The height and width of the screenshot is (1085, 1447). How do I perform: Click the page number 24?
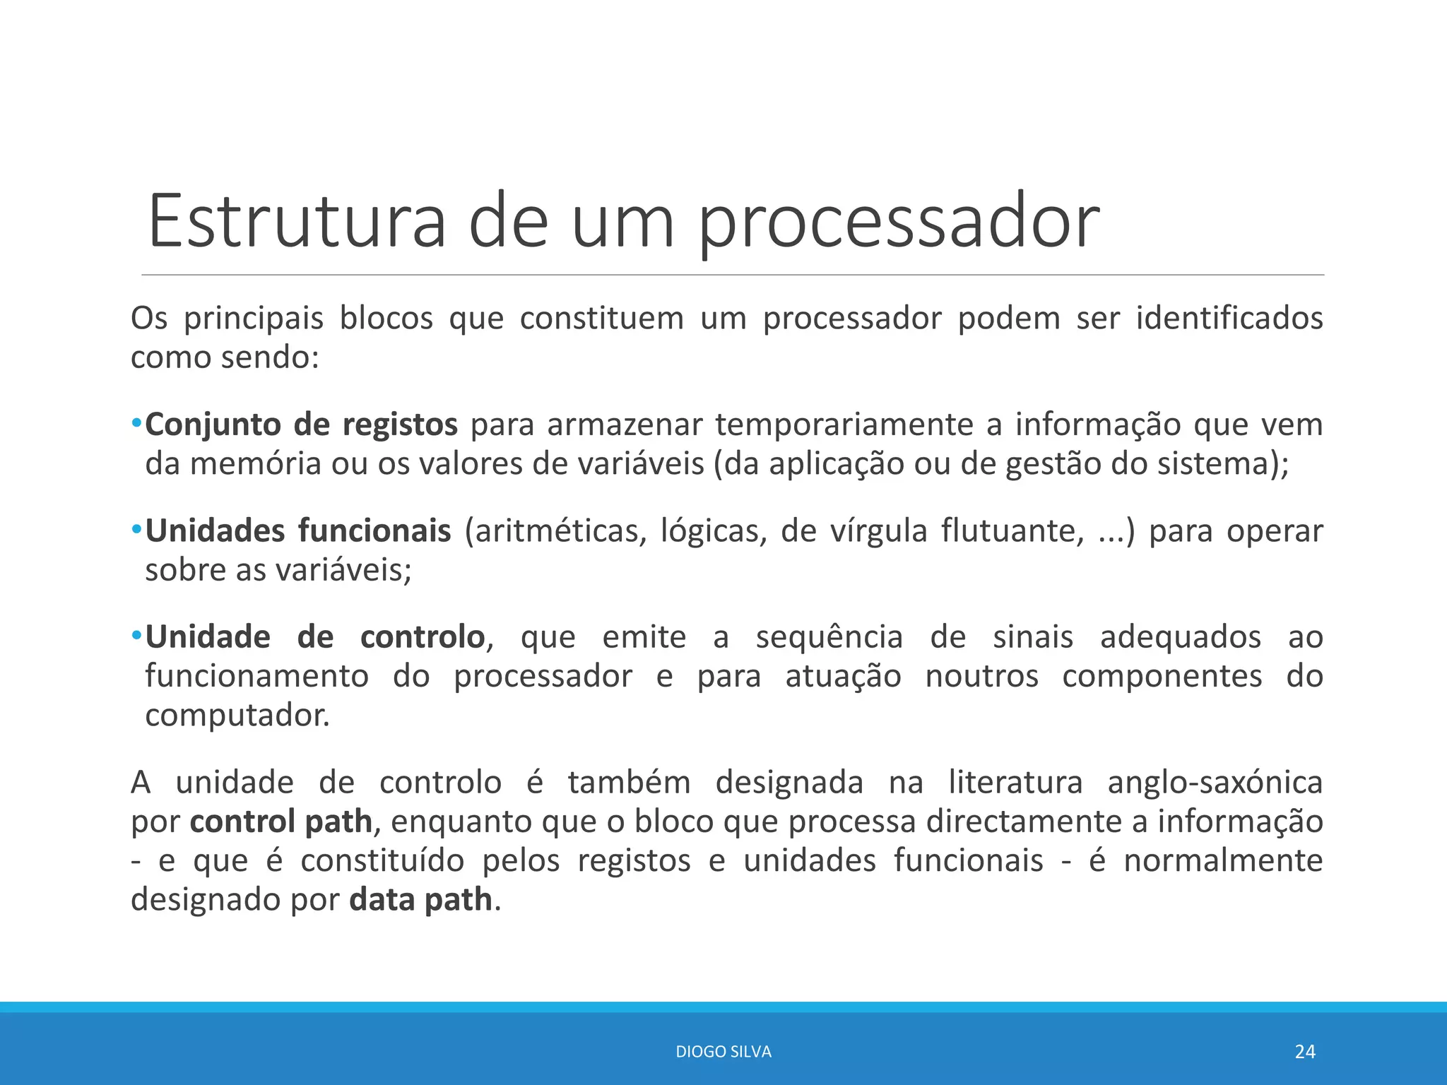(1304, 1052)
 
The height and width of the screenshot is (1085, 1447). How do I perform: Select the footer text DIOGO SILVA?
(723, 1052)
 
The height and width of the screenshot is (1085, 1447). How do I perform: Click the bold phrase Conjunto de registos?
(301, 425)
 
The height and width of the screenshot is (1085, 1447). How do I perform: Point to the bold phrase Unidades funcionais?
(297, 530)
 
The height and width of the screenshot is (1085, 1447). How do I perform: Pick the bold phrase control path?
(280, 822)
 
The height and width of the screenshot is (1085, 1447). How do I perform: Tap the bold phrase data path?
(420, 900)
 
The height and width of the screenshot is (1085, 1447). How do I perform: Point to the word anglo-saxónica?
(1215, 783)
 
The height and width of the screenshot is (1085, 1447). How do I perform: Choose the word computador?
(237, 716)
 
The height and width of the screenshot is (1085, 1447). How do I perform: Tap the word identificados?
(1229, 319)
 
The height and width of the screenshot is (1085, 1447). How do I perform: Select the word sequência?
(829, 637)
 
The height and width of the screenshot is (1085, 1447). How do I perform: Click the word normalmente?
(1222, 861)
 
